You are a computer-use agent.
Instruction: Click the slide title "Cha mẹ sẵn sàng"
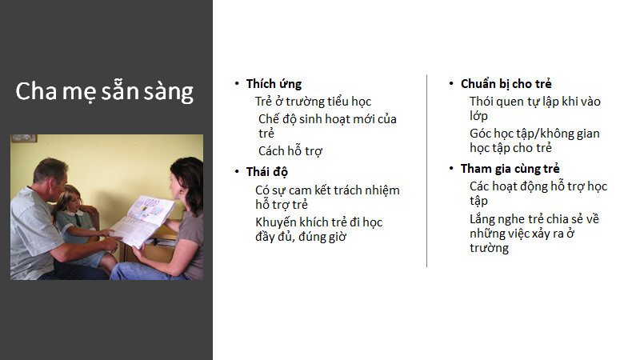tap(105, 91)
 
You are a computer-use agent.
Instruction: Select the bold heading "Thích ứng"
tap(274, 84)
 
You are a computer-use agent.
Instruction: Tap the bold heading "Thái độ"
tap(267, 172)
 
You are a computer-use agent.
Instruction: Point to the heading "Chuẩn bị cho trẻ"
tap(506, 84)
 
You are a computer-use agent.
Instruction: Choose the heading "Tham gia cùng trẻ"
tap(510, 169)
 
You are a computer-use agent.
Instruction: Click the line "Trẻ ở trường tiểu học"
tap(313, 102)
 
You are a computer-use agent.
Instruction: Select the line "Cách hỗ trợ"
tap(290, 151)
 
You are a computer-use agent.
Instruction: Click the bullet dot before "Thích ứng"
tap(237, 84)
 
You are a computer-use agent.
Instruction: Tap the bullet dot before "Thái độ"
tap(237, 171)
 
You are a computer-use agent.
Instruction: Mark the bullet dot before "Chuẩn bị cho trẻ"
tap(451, 84)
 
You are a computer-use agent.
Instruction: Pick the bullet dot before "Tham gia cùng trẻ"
tap(451, 168)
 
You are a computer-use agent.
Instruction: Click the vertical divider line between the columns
tap(427, 170)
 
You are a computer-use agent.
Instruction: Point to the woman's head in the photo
tap(186, 179)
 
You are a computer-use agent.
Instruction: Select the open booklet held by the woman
tap(143, 221)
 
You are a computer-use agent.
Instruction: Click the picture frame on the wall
tap(24, 138)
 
